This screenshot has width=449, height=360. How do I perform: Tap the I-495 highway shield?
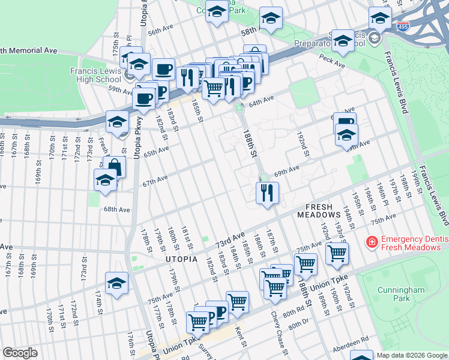403,27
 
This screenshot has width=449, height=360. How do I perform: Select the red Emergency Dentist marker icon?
372,242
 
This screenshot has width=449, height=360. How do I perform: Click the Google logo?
20,353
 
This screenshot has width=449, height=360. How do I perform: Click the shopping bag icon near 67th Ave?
114,167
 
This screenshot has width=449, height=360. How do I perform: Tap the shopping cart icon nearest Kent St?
238,301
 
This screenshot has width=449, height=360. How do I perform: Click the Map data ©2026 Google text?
412,355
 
